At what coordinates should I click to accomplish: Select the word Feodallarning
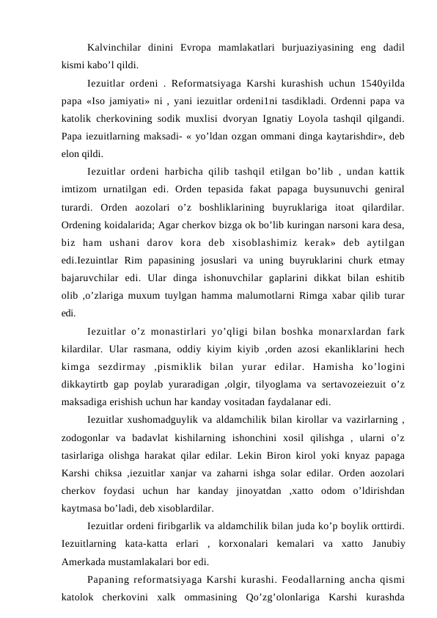[x=270, y=581]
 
